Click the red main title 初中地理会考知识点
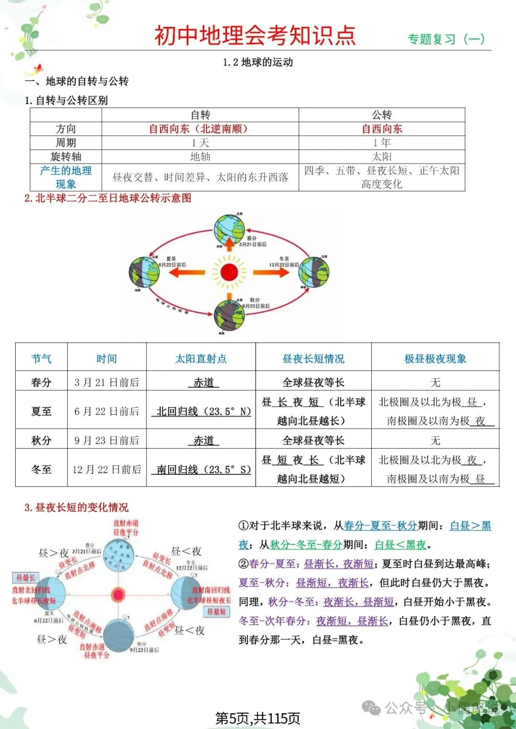tap(255, 35)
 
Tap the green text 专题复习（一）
tap(446, 39)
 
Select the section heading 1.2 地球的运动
tap(258, 62)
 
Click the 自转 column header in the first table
tap(200, 115)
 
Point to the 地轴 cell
tap(200, 157)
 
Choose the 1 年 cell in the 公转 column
tap(382, 143)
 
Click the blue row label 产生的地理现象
tap(66, 177)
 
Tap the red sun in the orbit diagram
tap(229, 272)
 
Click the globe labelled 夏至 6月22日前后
tap(144, 272)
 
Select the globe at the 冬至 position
tap(313, 272)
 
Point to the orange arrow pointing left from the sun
tap(187, 272)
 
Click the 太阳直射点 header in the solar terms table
tap(201, 359)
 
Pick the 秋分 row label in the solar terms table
tap(41, 440)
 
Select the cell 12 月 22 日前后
tap(107, 470)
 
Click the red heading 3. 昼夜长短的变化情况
tap(76, 507)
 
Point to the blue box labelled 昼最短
tap(216, 611)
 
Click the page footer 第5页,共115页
tap(258, 718)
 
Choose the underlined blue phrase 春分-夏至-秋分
tap(380, 526)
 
